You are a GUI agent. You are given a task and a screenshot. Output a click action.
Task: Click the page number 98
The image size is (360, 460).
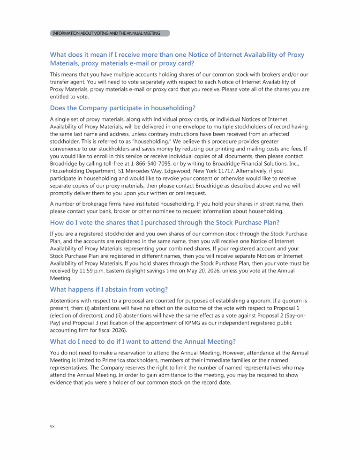(52, 426)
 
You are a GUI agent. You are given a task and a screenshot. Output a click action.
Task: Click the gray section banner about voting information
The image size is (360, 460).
(110, 33)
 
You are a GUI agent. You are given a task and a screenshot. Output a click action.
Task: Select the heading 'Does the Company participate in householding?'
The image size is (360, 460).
(122, 108)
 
